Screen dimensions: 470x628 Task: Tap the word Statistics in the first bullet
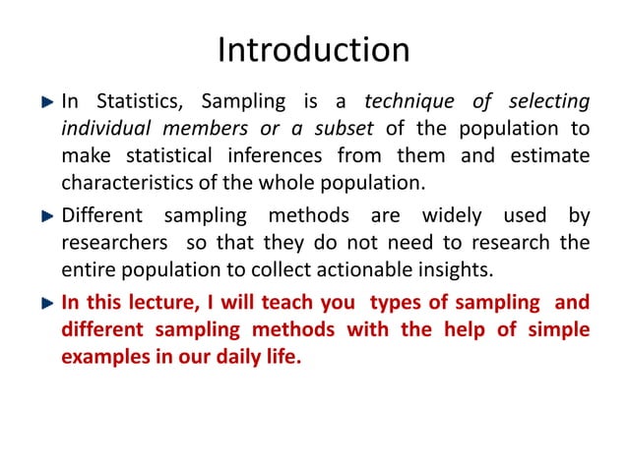pyautogui.click(x=138, y=101)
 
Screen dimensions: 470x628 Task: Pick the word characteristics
pyautogui.click(x=122, y=183)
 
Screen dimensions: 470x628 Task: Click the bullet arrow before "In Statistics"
pyautogui.click(x=45, y=101)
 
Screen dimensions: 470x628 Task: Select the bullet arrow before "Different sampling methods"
pyautogui.click(x=45, y=215)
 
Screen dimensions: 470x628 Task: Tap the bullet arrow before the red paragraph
pyautogui.click(x=45, y=302)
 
